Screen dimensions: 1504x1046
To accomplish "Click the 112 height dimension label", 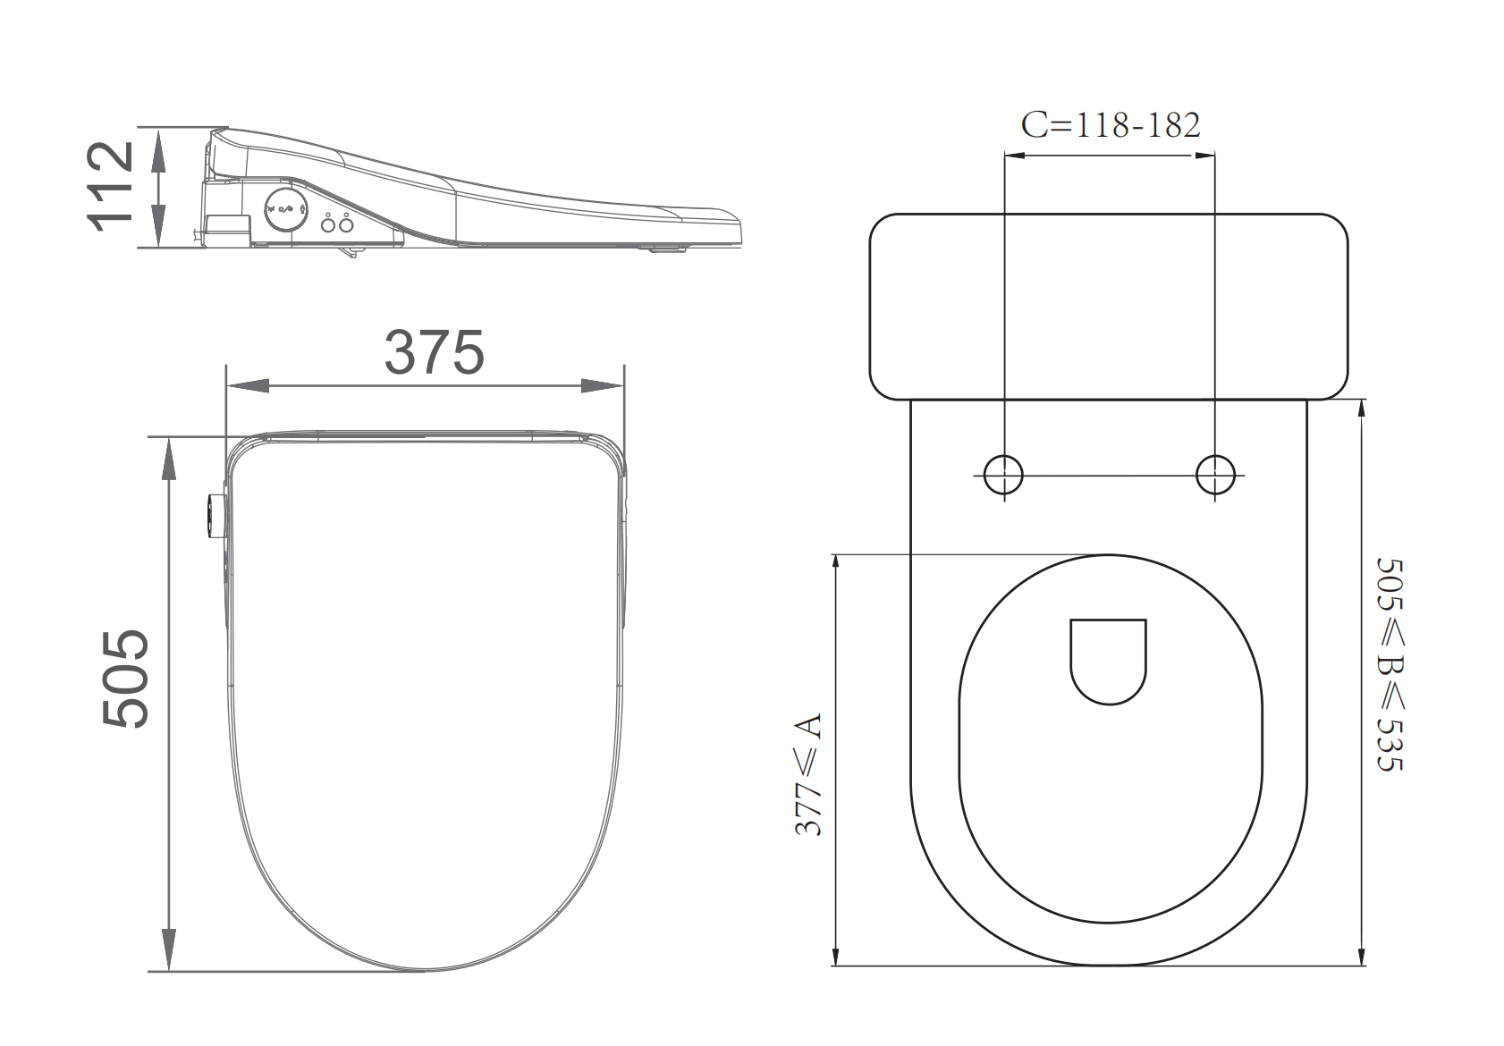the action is point(110,187).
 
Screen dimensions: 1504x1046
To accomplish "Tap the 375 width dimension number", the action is point(434,352).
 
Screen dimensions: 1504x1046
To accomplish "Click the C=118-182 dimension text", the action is point(1111,125).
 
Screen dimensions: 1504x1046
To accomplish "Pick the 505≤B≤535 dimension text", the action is point(1390,664).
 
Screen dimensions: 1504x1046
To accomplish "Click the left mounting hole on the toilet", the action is point(1004,475).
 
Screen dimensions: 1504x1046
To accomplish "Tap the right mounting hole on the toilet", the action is point(1215,475).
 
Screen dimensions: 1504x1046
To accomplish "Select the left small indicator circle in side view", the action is point(328,225).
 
